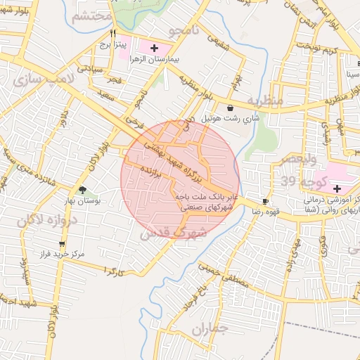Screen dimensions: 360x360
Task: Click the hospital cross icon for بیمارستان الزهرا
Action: [154, 47]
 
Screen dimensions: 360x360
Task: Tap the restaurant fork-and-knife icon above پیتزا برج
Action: [112, 33]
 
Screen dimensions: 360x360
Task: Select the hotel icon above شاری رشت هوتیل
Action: [231, 108]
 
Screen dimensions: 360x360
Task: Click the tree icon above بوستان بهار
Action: [83, 189]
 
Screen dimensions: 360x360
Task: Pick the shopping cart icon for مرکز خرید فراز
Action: [43, 244]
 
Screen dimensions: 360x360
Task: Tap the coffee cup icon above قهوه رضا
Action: [265, 200]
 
